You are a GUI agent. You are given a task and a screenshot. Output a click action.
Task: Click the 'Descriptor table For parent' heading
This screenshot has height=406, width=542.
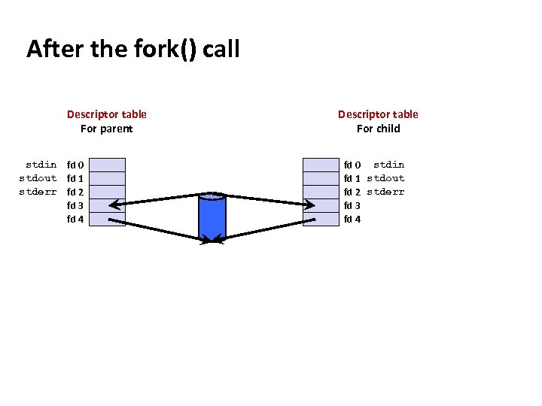[x=107, y=121]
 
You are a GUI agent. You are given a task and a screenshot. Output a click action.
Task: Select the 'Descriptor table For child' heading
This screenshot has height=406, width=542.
[x=378, y=121]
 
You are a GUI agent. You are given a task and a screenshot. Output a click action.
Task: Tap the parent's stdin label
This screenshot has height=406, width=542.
[x=41, y=165]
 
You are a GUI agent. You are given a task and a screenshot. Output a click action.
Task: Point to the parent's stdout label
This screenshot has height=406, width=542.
[x=38, y=178]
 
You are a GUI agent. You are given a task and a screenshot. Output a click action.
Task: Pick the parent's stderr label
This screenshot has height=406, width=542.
[x=38, y=192]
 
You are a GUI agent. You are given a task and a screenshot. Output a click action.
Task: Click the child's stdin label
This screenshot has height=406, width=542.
[x=388, y=165]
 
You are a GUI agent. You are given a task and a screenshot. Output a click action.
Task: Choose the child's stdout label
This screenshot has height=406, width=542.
[x=385, y=178]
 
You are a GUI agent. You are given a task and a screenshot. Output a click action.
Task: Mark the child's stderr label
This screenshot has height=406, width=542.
[x=385, y=192]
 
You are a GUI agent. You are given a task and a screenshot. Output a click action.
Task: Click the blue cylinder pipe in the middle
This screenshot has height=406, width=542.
[x=212, y=216]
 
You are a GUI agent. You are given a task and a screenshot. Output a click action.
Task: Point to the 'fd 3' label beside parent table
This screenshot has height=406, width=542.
[x=75, y=205]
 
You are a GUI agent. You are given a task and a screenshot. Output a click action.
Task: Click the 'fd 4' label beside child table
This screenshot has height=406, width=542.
[x=352, y=220]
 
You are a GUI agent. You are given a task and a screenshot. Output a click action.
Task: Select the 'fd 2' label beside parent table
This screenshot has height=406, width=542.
[x=75, y=192]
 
